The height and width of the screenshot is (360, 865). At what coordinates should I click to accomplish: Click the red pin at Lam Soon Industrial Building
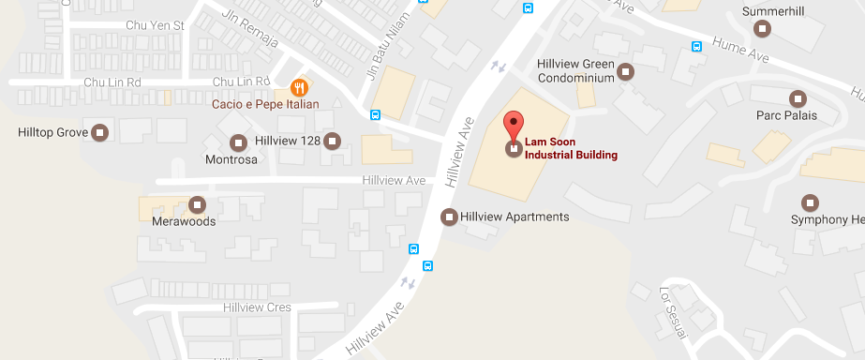pos(514,126)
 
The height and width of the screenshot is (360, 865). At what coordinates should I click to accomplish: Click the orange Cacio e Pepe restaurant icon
pos(299,88)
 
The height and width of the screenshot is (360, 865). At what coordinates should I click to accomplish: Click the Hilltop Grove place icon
pos(100,133)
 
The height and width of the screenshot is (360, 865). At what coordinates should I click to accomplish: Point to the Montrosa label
pos(231,160)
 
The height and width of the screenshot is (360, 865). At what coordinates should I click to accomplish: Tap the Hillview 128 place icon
pos(333,141)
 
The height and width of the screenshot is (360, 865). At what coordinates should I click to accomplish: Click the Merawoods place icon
pos(197,204)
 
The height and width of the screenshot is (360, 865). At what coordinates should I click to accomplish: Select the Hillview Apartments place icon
pos(450,217)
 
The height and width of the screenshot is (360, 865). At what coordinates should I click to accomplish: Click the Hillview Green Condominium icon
pos(627,70)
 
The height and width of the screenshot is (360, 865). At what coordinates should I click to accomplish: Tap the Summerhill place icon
pos(764,28)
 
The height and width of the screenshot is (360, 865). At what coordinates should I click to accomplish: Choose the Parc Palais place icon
pos(798,98)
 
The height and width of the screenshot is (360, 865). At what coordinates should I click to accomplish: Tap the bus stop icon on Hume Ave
pos(696,46)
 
